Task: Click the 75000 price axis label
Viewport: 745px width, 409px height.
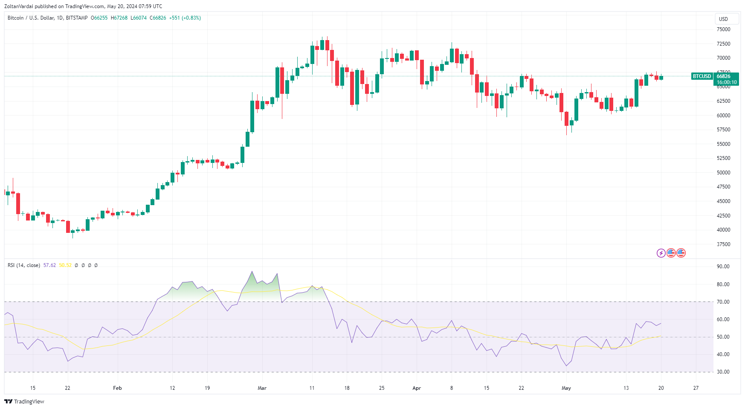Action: [723, 29]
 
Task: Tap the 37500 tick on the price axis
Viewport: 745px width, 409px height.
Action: [723, 244]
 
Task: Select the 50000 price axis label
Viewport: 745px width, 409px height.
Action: [723, 173]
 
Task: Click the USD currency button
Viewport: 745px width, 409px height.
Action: [723, 19]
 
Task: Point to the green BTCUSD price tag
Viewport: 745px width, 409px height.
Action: [702, 76]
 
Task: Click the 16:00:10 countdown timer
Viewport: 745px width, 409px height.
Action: [726, 82]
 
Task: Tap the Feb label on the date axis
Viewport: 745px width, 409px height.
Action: [117, 388]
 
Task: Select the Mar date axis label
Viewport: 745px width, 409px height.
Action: [262, 388]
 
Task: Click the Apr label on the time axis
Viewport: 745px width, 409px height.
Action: [417, 388]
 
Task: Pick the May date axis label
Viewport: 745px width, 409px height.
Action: [566, 388]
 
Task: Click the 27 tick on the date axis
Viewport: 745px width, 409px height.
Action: [696, 388]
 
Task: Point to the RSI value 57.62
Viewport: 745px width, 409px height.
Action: [49, 265]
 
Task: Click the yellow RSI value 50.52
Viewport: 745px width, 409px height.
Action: [65, 265]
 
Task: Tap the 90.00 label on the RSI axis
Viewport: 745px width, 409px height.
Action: [723, 267]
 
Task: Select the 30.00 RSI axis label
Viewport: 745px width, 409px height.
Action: [723, 372]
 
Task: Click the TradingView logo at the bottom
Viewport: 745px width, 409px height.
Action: [24, 401]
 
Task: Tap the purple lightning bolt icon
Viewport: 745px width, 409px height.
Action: [661, 253]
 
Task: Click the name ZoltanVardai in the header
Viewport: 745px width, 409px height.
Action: [19, 6]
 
